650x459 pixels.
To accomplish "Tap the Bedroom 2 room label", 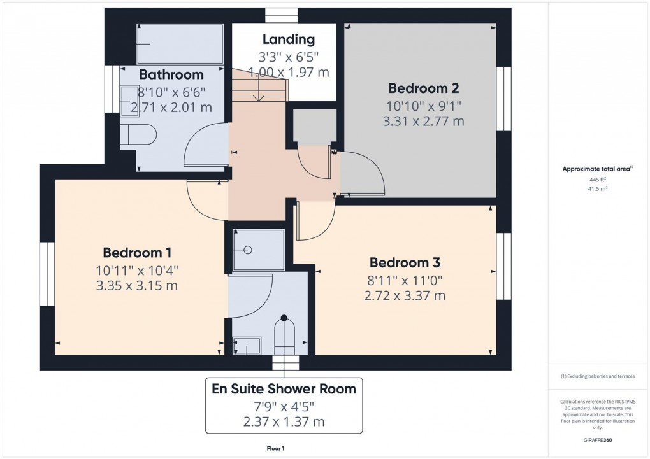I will point(424,88).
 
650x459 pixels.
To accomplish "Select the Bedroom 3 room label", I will point(405,262).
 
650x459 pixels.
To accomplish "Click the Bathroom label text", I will point(171,74).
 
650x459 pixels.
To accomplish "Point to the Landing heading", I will point(289,39).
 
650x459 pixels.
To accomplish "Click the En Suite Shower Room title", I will point(284,388).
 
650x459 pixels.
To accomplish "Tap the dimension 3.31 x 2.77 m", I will point(424,121).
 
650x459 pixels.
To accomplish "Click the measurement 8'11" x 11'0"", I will point(405,279).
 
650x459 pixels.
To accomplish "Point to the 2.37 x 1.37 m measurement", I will point(284,421).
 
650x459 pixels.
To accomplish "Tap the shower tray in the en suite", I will point(258,250).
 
